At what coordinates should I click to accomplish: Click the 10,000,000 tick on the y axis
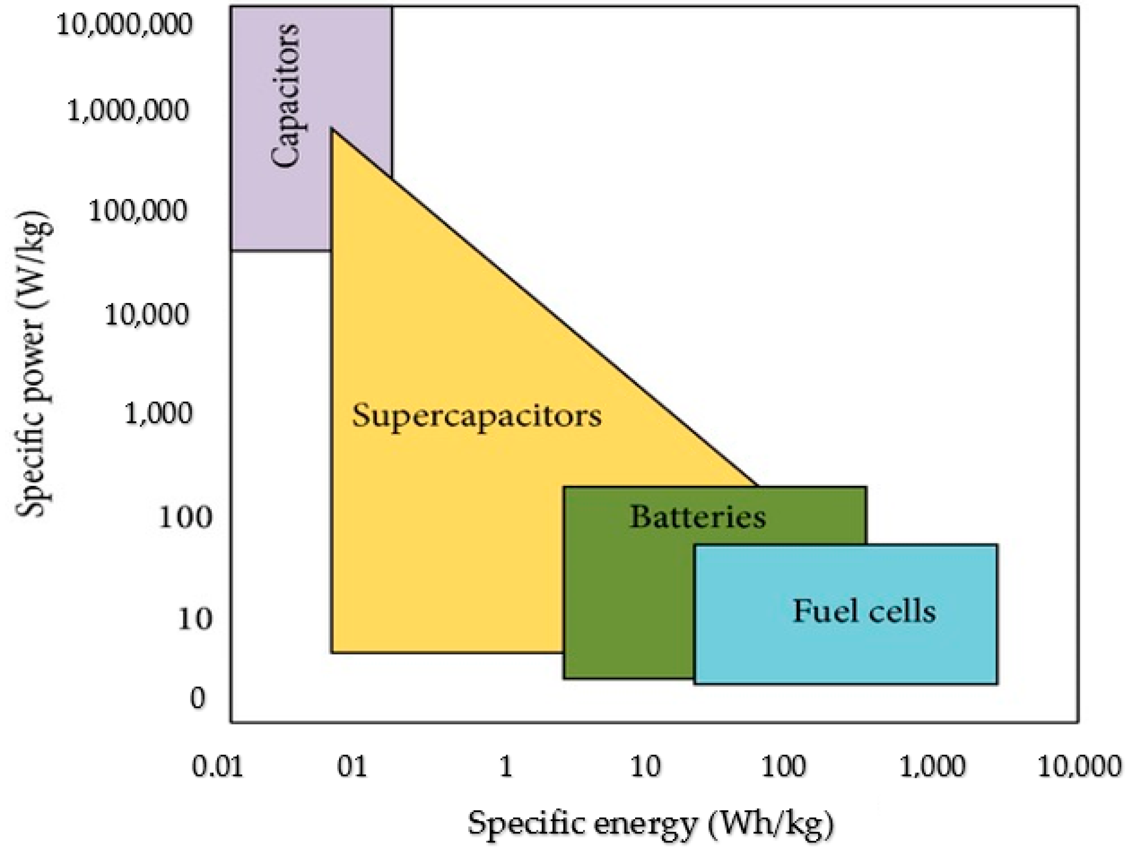[124, 25]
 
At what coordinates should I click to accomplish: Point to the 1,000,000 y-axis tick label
[128, 110]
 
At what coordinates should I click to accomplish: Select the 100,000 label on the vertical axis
[138, 210]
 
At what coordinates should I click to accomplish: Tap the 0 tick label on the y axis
[198, 698]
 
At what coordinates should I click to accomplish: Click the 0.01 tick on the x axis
[217, 767]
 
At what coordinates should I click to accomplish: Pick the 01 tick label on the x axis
[352, 767]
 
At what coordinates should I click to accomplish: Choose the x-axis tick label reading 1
[506, 767]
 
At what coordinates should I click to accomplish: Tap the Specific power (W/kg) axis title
[34, 363]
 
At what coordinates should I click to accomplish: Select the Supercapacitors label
[476, 415]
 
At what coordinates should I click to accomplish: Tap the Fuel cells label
[864, 611]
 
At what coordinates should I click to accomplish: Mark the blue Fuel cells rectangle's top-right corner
[997, 545]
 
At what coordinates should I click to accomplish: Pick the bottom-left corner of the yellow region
[332, 652]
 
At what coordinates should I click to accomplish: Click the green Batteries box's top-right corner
[866, 487]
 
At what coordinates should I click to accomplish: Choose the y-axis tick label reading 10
[194, 619]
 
